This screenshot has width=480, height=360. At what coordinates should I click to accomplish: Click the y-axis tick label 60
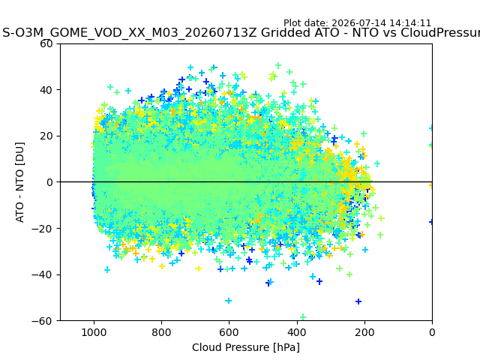46,43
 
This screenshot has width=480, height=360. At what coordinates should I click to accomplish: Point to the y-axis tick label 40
46,90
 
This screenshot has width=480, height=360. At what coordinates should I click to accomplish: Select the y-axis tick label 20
46,136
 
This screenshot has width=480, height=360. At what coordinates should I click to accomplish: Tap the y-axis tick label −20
43,229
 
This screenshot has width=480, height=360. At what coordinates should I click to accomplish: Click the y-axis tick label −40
43,275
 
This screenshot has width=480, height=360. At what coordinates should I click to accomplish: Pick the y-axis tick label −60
43,321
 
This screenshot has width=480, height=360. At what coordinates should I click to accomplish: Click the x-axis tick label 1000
94,332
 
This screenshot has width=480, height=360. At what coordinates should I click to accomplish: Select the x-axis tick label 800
162,332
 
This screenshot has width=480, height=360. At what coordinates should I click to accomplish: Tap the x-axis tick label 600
229,332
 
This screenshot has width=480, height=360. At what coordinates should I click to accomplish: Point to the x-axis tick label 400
297,332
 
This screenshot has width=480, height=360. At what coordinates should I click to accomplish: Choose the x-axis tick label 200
364,332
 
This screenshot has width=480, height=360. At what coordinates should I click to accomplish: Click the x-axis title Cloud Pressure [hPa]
246,348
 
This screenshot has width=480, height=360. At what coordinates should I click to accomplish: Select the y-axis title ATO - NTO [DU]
20,182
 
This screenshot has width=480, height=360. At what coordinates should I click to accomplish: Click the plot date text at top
357,23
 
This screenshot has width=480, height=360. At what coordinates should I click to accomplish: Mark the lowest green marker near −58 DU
303,316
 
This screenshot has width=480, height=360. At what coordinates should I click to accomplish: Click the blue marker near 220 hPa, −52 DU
358,301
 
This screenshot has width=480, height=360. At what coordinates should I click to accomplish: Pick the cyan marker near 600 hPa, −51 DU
228,301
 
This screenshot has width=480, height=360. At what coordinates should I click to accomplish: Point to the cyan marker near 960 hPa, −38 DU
107,270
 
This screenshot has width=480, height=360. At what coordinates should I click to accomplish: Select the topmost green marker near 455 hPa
278,65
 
